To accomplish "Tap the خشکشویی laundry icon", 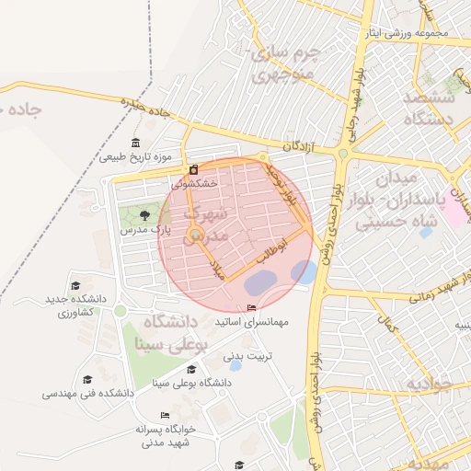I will pos(194,170).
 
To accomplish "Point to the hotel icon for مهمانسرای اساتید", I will pos(252,308).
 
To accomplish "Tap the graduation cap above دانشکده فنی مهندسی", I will pos(87,379).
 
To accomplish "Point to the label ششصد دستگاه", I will pos(431,107).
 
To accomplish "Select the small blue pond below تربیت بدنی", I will pos(235,366).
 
